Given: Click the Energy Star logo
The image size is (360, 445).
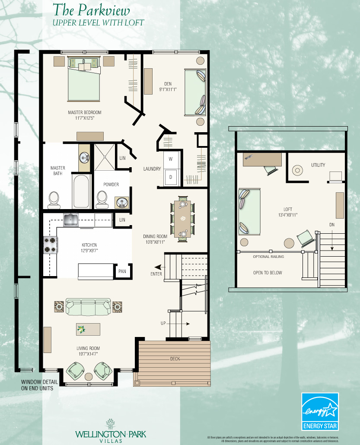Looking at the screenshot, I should point(319,412).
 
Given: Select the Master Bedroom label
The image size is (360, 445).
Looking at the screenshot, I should point(85,112).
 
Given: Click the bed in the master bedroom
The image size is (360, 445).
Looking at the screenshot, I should point(84,80).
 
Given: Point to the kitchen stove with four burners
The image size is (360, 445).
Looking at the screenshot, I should point(50,245).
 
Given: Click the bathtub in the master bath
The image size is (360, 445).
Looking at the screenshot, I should point(82,191).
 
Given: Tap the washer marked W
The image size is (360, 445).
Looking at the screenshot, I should point(170,159).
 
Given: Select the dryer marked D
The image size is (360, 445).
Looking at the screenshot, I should point(170,177).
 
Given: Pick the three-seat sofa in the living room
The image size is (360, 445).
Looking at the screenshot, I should point(88,308).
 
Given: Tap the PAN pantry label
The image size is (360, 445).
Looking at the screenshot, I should point(122,272).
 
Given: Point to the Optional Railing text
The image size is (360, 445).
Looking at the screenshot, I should point(268,257).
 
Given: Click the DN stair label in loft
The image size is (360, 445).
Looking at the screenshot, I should point(331,225).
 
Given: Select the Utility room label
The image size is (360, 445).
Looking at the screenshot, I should point(318,165).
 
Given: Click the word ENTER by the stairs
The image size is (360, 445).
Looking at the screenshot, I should point(156,273).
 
